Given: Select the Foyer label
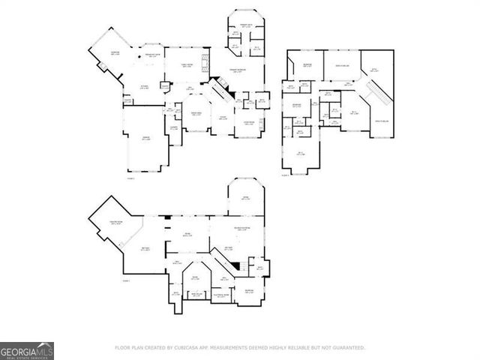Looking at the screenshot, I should tap(223, 118).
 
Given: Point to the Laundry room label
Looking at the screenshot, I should tap(172, 127).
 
